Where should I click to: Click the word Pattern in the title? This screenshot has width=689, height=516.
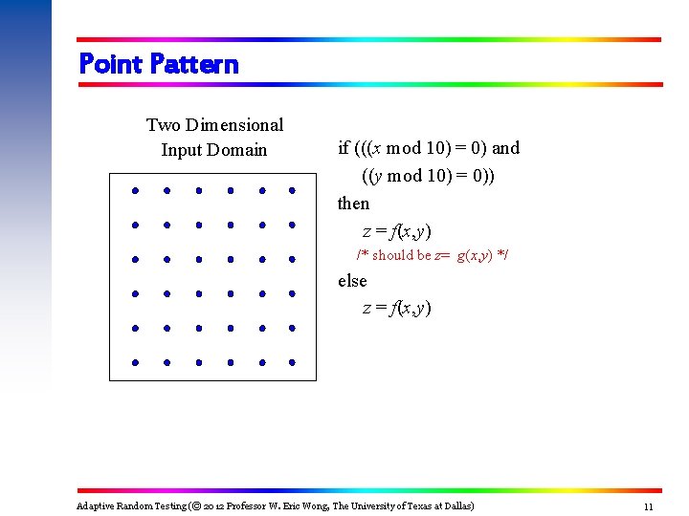click(x=194, y=64)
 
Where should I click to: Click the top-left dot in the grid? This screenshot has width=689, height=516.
click(x=136, y=190)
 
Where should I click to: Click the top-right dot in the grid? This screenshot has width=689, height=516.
click(x=291, y=190)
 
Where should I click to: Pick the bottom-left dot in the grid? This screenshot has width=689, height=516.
click(x=136, y=363)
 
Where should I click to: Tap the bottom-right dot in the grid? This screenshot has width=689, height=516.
click(x=291, y=363)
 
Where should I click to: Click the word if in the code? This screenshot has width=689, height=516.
click(x=344, y=148)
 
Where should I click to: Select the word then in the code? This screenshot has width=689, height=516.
click(x=353, y=204)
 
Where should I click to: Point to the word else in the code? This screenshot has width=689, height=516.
click(x=352, y=281)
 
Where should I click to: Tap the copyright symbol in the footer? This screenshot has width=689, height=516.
click(x=192, y=505)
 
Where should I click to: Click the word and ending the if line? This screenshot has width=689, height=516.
click(x=505, y=148)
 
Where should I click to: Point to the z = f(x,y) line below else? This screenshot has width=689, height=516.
click(x=396, y=308)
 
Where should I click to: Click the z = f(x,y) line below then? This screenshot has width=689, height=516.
click(x=396, y=231)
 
